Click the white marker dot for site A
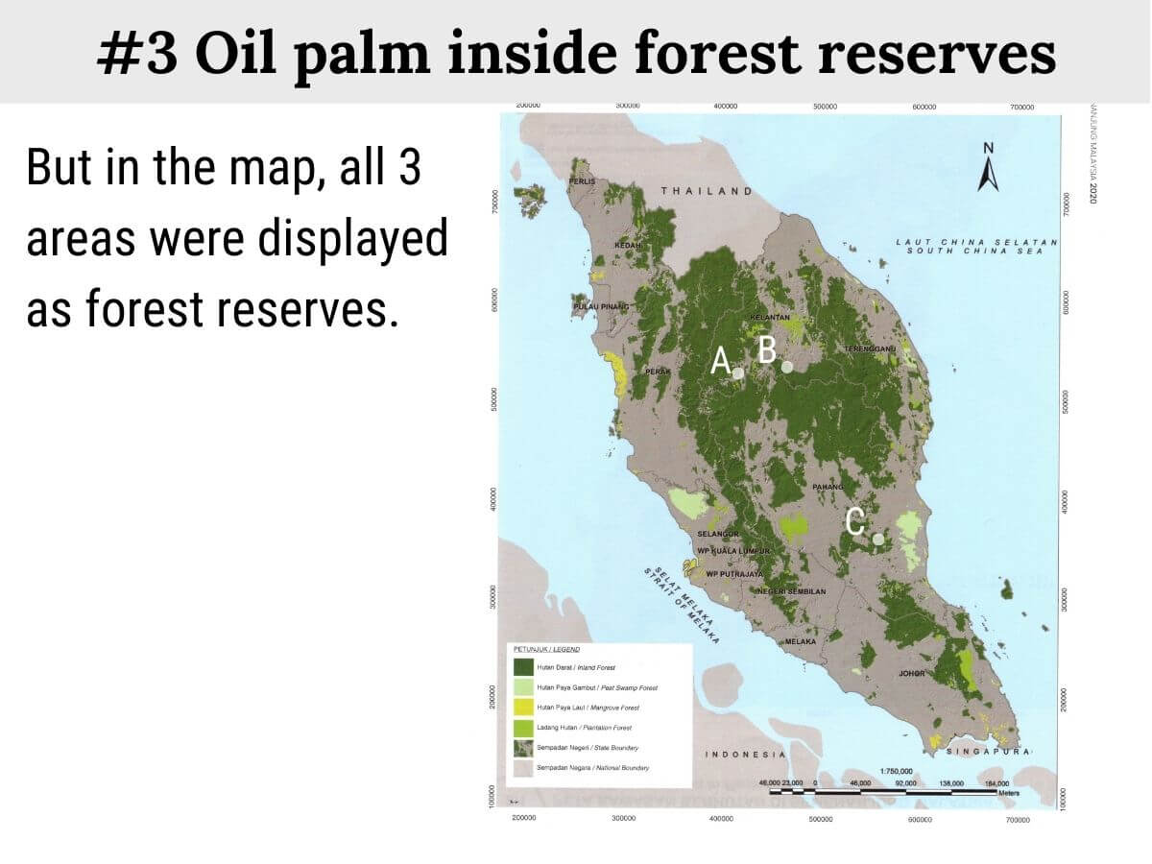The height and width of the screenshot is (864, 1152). coord(739,372)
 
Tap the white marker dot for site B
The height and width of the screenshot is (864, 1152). coord(787,366)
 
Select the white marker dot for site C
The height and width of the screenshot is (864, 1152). coord(878,539)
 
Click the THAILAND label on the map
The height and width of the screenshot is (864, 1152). coord(707,191)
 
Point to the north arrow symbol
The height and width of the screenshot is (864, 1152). coord(989,169)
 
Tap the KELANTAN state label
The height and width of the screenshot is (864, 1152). coord(769,317)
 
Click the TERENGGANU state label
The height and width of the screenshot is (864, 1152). coord(869,348)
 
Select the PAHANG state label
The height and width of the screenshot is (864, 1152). coord(828,488)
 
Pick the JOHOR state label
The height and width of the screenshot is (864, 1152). coord(911,673)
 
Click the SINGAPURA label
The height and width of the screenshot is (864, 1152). coord(989,751)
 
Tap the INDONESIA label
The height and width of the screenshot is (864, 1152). coord(746,755)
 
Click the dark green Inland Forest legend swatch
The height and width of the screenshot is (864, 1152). coord(523,666)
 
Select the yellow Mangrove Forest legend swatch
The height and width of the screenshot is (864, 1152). coord(523,708)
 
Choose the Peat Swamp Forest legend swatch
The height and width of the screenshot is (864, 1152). coord(523,687)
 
